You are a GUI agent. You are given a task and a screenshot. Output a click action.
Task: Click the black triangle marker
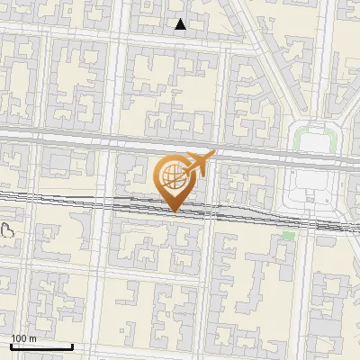pyautogui.click(x=181, y=24)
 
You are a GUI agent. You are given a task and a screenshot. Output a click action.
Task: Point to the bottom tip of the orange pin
pyautogui.click(x=175, y=211)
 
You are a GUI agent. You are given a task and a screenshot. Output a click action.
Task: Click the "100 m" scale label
pyautogui.click(x=23, y=338)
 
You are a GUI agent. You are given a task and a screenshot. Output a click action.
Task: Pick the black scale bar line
pyautogui.click(x=41, y=346)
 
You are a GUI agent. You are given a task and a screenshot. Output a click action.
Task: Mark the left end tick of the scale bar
pyautogui.click(x=11, y=346)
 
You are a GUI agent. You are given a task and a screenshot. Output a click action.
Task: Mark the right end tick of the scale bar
pyautogui.click(x=72, y=346)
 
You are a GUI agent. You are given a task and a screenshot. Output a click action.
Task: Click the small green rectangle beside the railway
pyautogui.click(x=288, y=236)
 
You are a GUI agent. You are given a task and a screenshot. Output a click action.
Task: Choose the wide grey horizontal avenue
pyautogui.click(x=90, y=137)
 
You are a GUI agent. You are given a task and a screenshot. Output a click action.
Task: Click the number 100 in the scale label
pyautogui.click(x=19, y=338)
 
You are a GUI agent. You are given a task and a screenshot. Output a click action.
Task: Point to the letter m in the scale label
pyautogui.click(x=32, y=338)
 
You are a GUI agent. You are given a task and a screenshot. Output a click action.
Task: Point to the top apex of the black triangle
pyautogui.click(x=181, y=19)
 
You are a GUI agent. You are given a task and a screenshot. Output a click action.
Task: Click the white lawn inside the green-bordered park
pyautogui.click(x=314, y=143)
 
